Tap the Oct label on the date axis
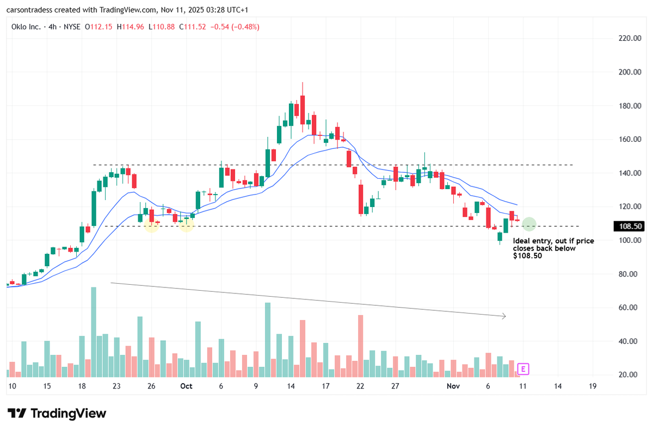187,386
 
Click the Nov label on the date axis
453,386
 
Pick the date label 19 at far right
593,386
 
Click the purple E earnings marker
523,370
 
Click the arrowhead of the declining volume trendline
504,316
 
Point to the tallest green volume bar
94,331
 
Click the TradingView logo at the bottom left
57,414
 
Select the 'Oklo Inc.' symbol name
26,26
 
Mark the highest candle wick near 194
302,84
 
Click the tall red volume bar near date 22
360,345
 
